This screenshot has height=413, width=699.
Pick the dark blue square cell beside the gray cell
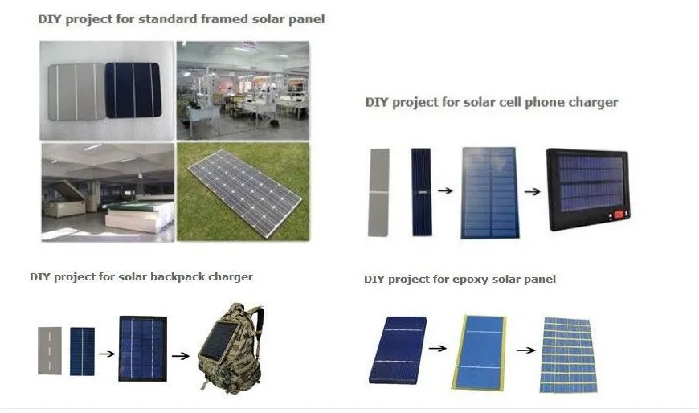[137, 90]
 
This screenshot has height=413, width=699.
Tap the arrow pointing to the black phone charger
[531, 193]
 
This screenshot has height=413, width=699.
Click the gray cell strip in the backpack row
[49, 350]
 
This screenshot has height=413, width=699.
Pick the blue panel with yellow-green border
[480, 350]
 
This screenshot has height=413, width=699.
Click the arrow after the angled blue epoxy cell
[437, 348]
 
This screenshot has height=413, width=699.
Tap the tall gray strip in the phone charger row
[378, 192]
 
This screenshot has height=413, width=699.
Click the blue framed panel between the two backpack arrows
[142, 348]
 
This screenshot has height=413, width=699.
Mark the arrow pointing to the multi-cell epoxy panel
[525, 350]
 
